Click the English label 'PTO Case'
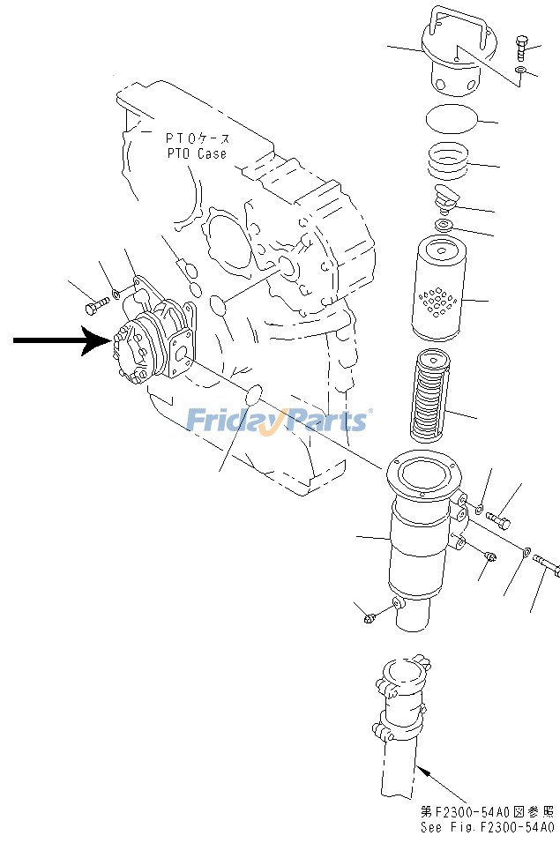[x=196, y=153]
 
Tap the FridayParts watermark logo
[x=278, y=420]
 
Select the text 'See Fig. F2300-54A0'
[x=487, y=827]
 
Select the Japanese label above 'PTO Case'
[x=198, y=138]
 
